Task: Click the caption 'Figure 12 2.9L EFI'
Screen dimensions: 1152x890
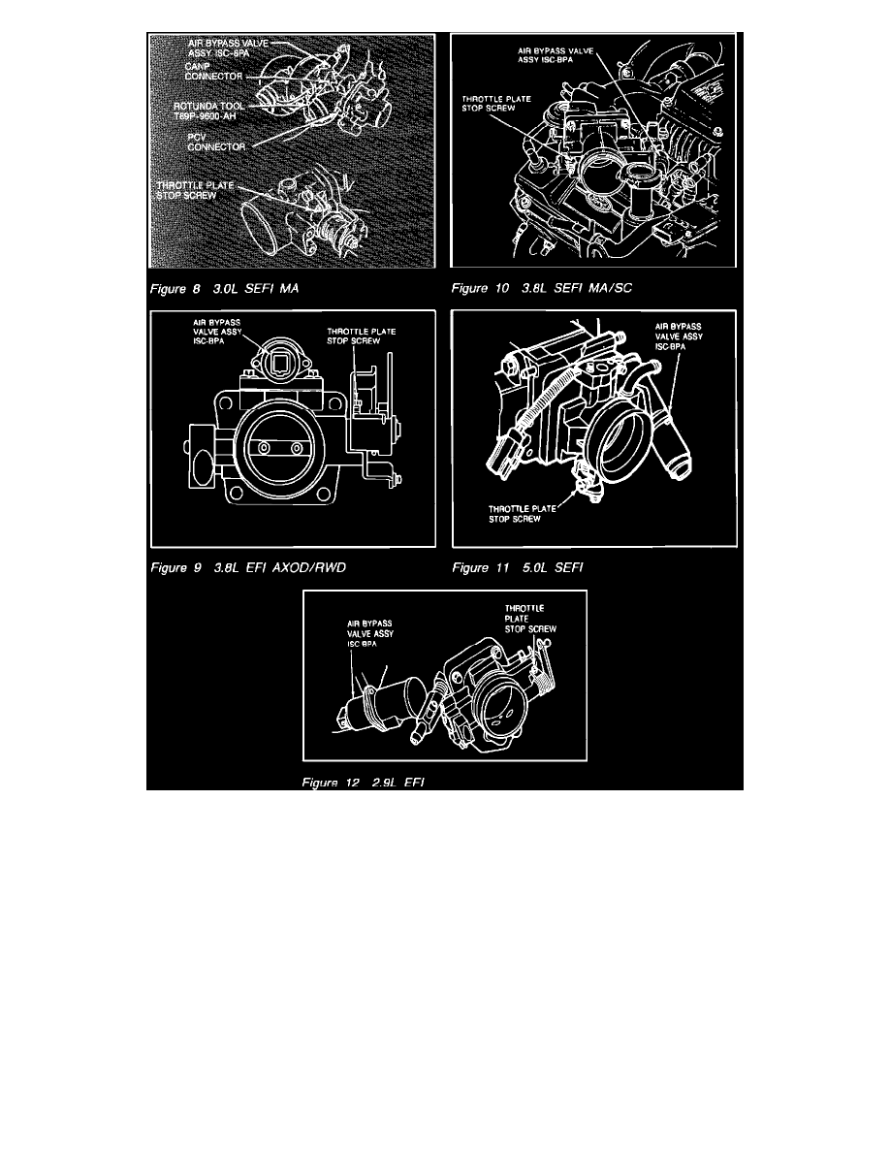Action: point(364,782)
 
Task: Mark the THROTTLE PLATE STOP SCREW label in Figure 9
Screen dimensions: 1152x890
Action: point(358,336)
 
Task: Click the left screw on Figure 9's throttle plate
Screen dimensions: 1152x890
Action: point(262,449)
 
